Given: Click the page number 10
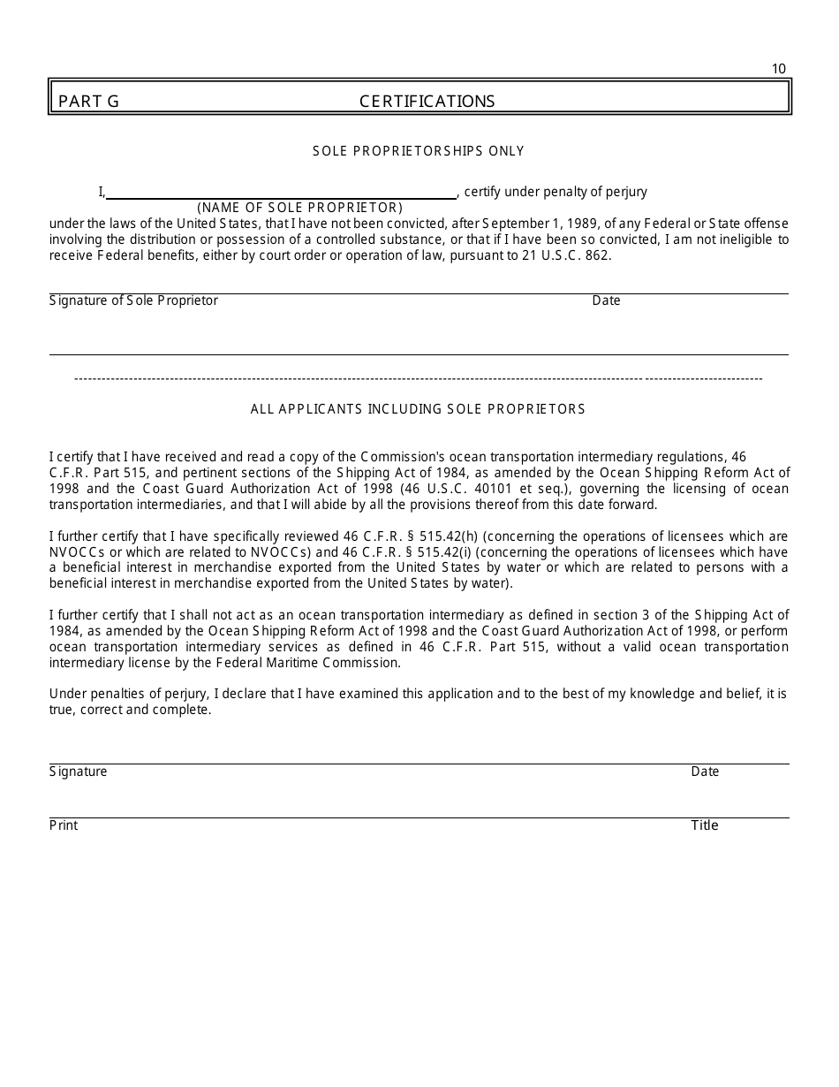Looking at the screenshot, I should point(778,69).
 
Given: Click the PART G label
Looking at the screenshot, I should point(88,101).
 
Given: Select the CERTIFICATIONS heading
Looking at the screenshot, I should point(427,101).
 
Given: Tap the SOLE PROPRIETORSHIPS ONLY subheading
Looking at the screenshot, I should point(419,151).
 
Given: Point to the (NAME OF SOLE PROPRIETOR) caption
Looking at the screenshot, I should point(299,208).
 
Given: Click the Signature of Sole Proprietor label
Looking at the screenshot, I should point(133,300).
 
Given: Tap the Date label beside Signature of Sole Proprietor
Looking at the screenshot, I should point(606,300).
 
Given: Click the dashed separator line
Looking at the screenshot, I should point(419,378).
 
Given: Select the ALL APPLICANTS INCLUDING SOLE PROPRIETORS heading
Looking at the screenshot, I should point(418,409).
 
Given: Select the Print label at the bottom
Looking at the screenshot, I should point(64,825).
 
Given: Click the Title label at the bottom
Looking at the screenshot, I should point(705,825).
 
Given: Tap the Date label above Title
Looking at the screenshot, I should point(705,772).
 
